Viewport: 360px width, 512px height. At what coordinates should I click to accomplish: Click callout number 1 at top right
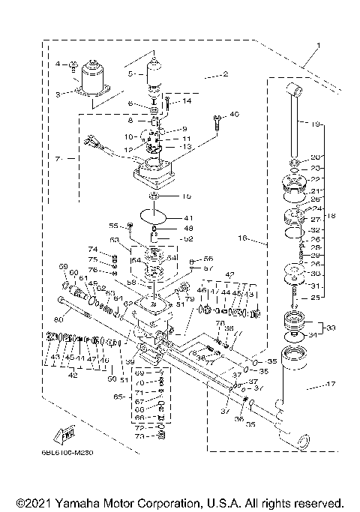[x=317, y=46]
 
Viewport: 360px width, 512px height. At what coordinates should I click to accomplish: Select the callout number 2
[x=225, y=75]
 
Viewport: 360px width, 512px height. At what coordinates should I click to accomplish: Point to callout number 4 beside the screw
[x=57, y=64]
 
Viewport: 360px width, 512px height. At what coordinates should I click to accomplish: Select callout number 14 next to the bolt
[x=187, y=100]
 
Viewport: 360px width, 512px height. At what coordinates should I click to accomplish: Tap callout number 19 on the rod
[x=315, y=123]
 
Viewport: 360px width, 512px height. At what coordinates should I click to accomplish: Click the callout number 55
[x=114, y=224]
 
